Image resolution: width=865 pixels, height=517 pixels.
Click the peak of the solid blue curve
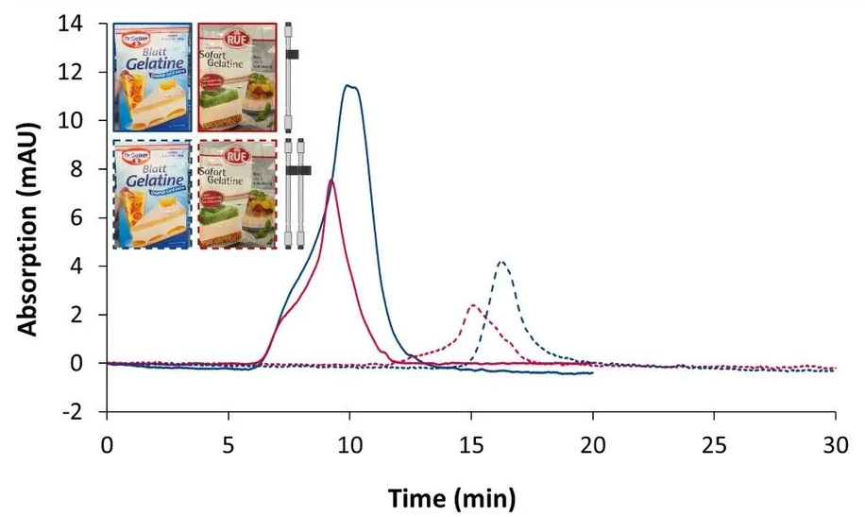349,86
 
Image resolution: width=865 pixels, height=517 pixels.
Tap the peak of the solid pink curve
331,180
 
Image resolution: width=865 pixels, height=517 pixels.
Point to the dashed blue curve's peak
502,262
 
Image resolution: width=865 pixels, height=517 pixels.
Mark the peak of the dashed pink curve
471,305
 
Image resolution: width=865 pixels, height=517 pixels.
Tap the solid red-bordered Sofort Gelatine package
237,78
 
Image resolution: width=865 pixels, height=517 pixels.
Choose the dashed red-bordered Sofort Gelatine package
237,194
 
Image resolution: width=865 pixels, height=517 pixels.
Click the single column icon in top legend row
290,78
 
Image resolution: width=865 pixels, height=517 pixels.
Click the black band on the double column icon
297,171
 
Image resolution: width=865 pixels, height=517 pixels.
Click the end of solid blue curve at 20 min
592,373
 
